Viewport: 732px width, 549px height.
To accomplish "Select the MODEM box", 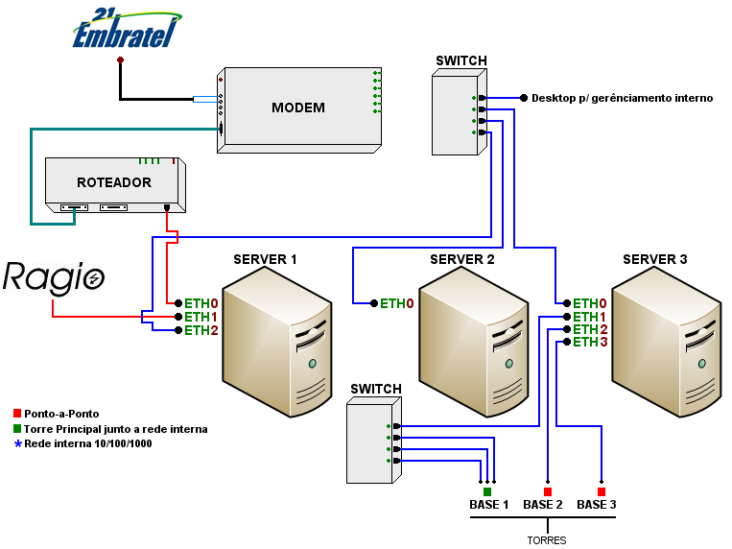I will click(x=297, y=107).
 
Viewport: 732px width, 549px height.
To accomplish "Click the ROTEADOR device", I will click(x=114, y=182).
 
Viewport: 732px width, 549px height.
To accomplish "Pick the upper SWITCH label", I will click(x=460, y=60).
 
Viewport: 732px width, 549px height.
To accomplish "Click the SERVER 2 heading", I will click(x=462, y=259).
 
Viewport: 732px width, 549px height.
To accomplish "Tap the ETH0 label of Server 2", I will click(x=397, y=303).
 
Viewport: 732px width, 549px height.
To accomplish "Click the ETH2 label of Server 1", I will click(x=201, y=330).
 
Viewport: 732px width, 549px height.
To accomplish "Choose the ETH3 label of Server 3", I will click(x=590, y=342).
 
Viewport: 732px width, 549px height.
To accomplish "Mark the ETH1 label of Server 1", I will click(x=201, y=317).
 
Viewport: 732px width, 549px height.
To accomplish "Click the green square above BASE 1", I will click(x=487, y=491).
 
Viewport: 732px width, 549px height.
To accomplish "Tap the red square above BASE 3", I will click(x=602, y=491).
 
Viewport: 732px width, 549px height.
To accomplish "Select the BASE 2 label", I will click(x=543, y=505).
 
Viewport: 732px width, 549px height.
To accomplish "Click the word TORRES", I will click(x=547, y=540).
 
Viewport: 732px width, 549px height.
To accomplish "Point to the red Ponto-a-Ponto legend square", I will click(x=17, y=414).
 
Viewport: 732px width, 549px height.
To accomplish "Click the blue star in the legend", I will click(x=17, y=443).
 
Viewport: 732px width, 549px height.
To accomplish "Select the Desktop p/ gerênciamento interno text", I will click(x=622, y=98).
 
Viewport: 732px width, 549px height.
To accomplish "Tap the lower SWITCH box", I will click(x=370, y=442).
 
